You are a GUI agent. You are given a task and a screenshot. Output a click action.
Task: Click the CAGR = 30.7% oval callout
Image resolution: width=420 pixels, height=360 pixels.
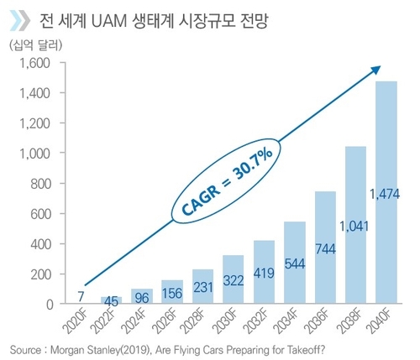pyautogui.click(x=216, y=184)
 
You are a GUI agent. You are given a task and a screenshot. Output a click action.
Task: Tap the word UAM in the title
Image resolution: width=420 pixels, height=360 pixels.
pyautogui.click(x=129, y=18)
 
